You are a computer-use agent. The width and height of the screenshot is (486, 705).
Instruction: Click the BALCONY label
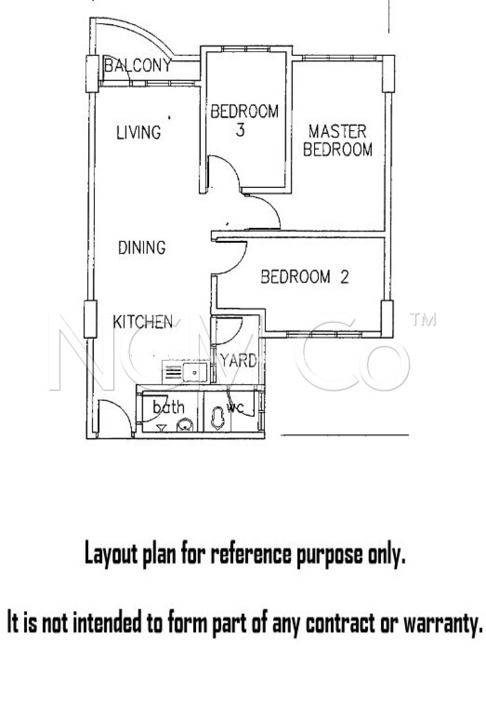[138, 65]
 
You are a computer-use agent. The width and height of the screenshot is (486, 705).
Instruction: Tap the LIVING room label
[139, 133]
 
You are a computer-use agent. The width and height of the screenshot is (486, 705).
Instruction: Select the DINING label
[142, 248]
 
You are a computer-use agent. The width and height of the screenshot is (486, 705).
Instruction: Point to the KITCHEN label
[143, 322]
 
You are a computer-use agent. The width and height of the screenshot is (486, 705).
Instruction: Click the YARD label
[239, 361]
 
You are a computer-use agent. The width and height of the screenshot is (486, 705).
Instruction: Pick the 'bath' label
[168, 407]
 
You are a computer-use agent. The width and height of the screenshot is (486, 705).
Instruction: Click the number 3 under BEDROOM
[240, 130]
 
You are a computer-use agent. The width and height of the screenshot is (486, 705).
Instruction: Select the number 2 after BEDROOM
[344, 277]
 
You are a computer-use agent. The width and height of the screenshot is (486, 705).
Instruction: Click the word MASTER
[337, 131]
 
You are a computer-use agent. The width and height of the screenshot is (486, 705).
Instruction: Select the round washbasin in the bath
[185, 426]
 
